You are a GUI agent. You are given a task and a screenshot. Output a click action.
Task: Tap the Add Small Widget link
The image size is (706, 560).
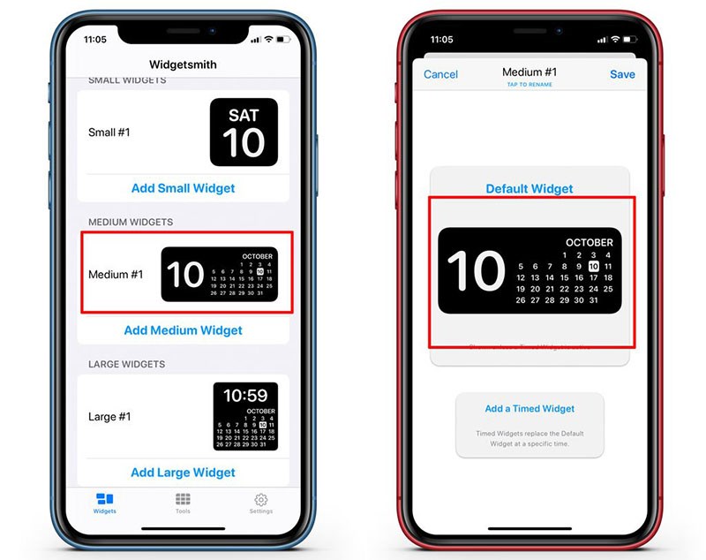pyautogui.click(x=183, y=188)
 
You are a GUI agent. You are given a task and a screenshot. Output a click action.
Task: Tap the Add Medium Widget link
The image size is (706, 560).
pyautogui.click(x=183, y=330)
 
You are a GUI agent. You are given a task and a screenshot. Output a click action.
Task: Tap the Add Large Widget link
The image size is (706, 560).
pyautogui.click(x=183, y=473)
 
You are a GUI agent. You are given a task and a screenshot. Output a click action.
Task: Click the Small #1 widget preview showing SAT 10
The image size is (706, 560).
pyautogui.click(x=244, y=132)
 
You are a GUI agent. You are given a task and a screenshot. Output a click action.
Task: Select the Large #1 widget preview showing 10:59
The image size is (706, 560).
pyautogui.click(x=245, y=417)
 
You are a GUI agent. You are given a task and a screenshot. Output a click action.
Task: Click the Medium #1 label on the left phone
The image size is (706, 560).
pyautogui.click(x=116, y=275)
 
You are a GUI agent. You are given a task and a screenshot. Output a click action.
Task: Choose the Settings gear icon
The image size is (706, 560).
pyautogui.click(x=260, y=500)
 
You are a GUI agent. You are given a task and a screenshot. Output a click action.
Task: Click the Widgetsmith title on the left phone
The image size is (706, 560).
pyautogui.click(x=183, y=64)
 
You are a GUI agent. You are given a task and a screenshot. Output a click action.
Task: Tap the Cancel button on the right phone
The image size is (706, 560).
pyautogui.click(x=440, y=74)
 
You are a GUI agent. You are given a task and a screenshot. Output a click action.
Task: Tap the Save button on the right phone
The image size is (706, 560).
pyautogui.click(x=622, y=74)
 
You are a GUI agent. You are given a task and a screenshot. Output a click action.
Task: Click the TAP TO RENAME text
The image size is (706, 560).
pyautogui.click(x=529, y=85)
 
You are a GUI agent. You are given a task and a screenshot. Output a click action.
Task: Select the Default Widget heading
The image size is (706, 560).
pyautogui.click(x=529, y=188)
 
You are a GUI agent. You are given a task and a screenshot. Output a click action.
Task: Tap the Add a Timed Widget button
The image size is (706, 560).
pyautogui.click(x=529, y=409)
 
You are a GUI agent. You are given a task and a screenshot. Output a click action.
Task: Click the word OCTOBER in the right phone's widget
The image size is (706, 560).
pyautogui.click(x=589, y=242)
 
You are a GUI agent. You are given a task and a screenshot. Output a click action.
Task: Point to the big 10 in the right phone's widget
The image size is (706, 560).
pyautogui.click(x=476, y=271)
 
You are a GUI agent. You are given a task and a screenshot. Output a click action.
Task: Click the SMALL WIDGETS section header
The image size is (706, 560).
pyautogui.click(x=127, y=80)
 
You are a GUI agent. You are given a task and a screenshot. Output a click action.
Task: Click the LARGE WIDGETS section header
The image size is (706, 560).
pyautogui.click(x=127, y=364)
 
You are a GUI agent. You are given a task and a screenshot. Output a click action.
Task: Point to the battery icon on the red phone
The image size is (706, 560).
pyautogui.click(x=633, y=40)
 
